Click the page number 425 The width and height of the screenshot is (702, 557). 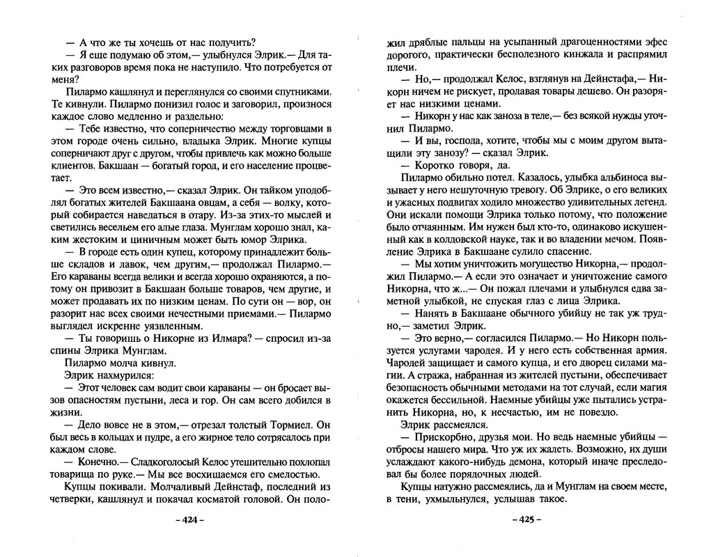(x=526, y=520)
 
